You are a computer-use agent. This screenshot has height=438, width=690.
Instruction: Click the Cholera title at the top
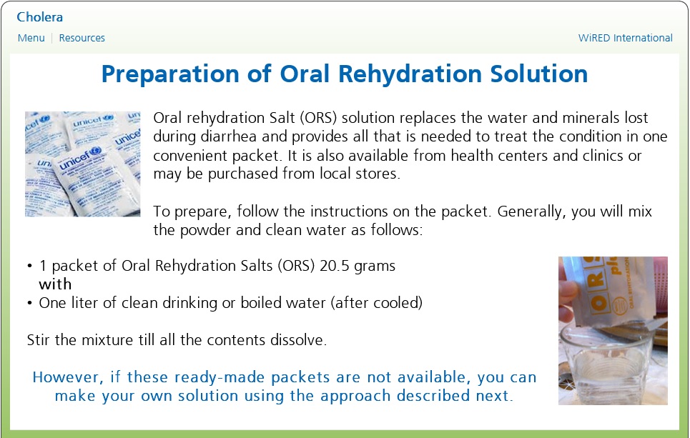pos(39,17)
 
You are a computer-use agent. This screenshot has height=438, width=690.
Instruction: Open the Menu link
pos(31,38)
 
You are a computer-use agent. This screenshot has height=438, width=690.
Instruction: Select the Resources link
pos(82,38)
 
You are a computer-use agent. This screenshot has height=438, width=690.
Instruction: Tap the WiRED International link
pos(626,38)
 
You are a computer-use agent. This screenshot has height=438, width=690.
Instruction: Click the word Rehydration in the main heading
pos(410,74)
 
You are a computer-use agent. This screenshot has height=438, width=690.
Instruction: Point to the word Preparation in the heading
pos(171,74)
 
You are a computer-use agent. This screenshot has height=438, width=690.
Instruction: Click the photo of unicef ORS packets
pos(83,164)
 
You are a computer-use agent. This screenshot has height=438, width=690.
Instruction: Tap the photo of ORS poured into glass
pos(613,331)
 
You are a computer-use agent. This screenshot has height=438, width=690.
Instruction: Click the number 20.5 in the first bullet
pos(335,266)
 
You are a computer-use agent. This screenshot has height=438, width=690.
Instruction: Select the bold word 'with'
pos(55,284)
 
